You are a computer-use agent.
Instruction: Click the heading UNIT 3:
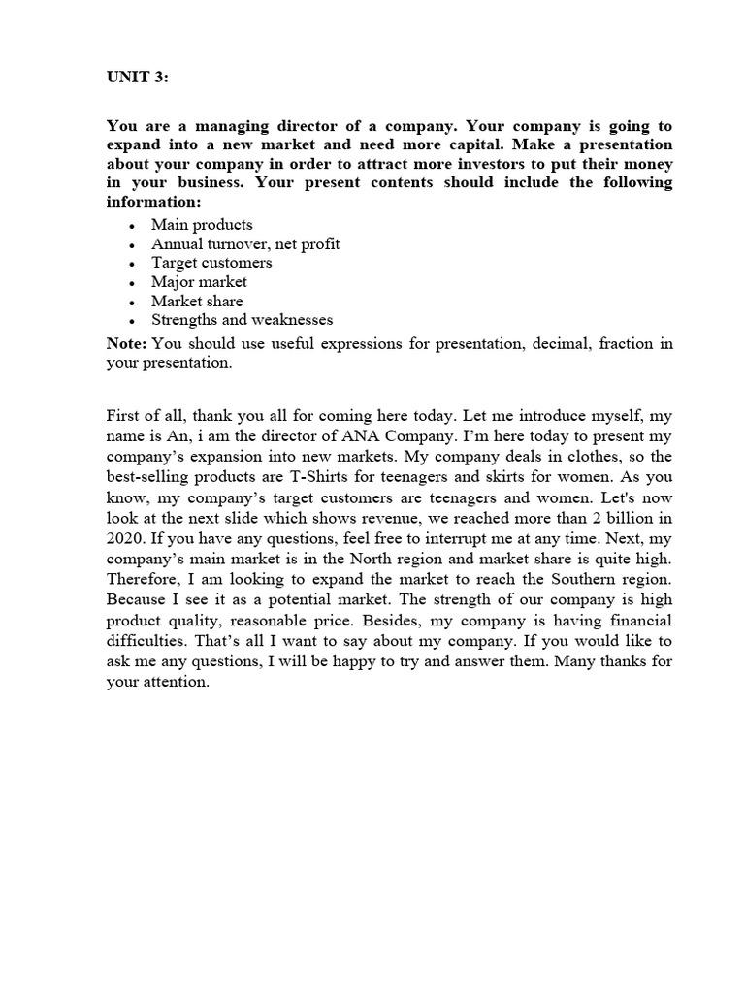(x=137, y=78)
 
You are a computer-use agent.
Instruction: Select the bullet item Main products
(x=202, y=225)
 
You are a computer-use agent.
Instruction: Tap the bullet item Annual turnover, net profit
(x=245, y=243)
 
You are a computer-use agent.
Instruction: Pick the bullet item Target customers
(x=211, y=263)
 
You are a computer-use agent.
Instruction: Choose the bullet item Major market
(x=199, y=282)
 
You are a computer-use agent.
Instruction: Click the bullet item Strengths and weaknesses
(x=242, y=320)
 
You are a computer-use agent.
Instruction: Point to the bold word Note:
(x=126, y=344)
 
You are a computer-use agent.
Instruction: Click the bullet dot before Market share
(x=130, y=302)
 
